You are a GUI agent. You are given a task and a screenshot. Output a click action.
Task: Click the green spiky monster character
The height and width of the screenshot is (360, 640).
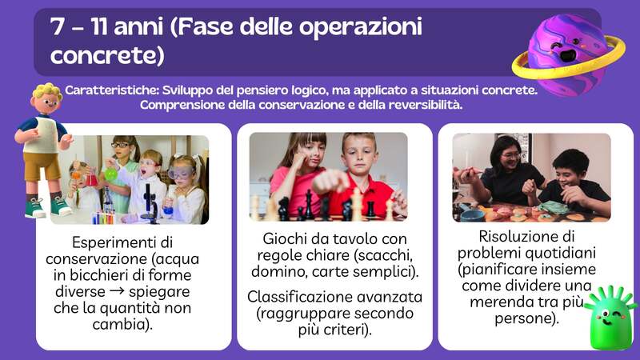[x=610, y=316]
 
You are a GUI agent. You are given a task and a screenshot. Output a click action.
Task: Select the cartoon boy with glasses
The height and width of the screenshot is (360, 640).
[x=43, y=144]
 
